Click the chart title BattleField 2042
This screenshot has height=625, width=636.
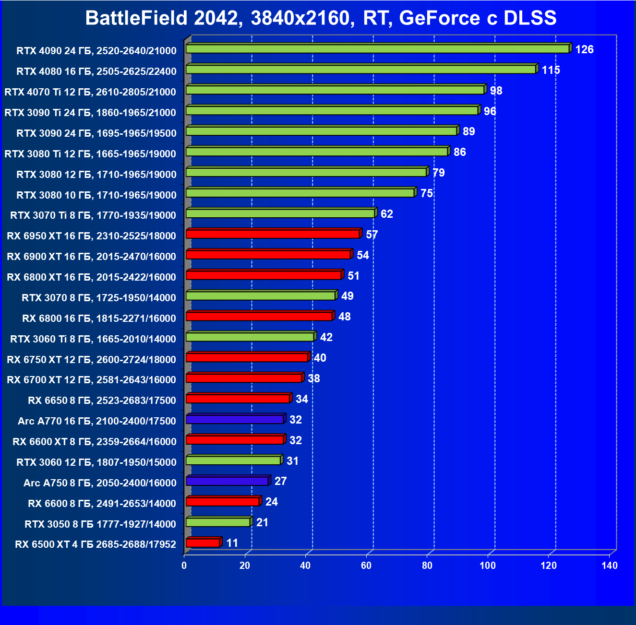[x=321, y=18]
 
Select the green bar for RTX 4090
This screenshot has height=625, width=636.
[x=377, y=49]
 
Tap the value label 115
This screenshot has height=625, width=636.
[x=551, y=70]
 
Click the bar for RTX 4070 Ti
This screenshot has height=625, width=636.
[x=335, y=90]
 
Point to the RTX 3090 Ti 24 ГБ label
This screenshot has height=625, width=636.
[x=90, y=113]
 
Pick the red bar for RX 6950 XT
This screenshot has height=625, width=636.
[x=273, y=234]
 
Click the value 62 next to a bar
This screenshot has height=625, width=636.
[x=386, y=214]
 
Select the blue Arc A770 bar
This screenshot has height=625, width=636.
[x=235, y=419]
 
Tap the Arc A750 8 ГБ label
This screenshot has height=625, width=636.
[x=100, y=483]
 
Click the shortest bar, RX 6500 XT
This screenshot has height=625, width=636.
[x=203, y=543]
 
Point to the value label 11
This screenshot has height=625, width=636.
[x=232, y=543]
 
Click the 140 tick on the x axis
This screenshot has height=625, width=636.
[x=610, y=566]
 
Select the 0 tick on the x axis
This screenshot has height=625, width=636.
[x=184, y=566]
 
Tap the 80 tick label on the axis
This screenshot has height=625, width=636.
[x=427, y=566]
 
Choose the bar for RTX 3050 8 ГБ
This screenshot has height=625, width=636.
[x=218, y=522]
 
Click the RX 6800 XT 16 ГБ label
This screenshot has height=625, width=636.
[x=91, y=277]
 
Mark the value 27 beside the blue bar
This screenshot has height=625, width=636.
[x=280, y=481]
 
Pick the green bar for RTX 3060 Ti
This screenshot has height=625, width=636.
[x=250, y=337]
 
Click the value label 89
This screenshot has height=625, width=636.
[x=468, y=131]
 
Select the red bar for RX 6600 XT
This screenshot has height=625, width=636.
[x=235, y=440]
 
